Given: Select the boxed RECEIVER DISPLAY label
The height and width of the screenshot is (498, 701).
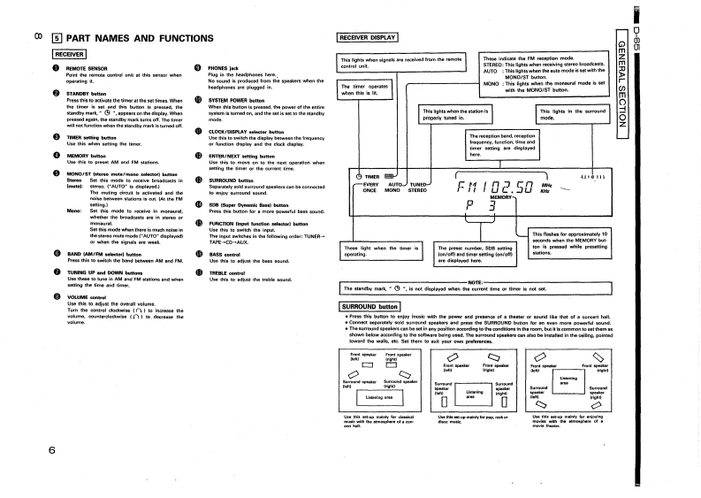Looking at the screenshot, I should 370,37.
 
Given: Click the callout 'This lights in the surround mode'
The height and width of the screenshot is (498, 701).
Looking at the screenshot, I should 566,117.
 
